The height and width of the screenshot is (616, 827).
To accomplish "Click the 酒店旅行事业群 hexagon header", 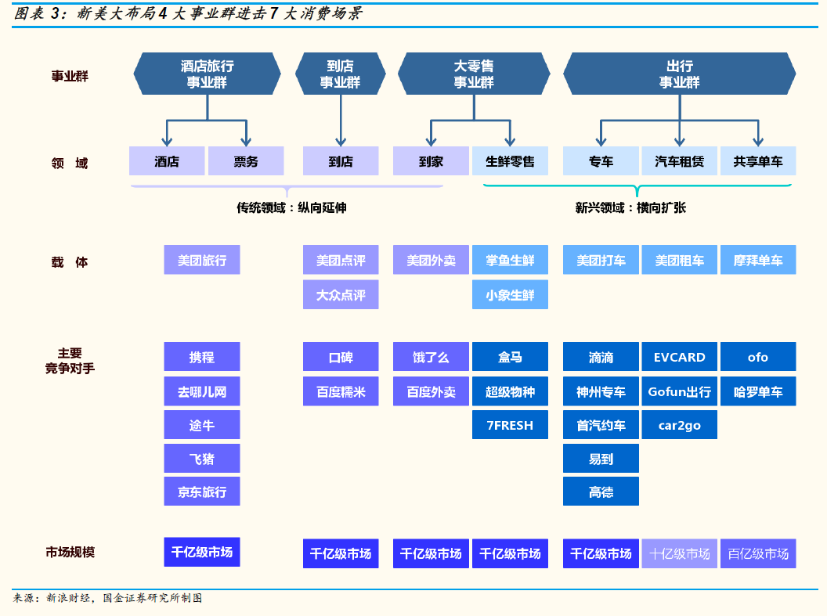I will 207,74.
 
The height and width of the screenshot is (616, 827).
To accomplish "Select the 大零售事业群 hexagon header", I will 474,74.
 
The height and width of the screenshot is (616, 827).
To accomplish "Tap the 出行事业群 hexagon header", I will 679,74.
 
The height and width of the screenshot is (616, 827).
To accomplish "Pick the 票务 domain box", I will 246,161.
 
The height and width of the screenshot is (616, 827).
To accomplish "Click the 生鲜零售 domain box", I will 510,161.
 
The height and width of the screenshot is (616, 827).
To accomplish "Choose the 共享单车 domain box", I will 757,161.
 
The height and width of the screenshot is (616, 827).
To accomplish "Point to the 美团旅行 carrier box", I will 201,260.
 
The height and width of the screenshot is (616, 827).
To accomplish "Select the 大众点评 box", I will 341,295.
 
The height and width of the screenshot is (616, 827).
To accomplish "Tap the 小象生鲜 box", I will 510,295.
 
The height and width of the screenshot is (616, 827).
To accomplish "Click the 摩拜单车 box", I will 757,260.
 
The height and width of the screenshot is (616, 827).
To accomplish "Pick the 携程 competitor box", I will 201,357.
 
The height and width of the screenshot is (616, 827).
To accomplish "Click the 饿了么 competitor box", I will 431,357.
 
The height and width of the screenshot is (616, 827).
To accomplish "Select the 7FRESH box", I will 510,425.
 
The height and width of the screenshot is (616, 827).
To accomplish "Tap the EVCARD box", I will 679,357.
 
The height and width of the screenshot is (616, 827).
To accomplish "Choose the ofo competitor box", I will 757,357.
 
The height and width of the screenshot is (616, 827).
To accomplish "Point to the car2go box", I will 679,425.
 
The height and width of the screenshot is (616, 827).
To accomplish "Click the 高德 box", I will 601,492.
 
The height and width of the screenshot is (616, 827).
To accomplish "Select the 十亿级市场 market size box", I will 679,553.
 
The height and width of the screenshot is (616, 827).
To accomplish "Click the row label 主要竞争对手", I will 70,361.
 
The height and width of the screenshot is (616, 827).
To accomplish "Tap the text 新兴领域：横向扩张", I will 630,208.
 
